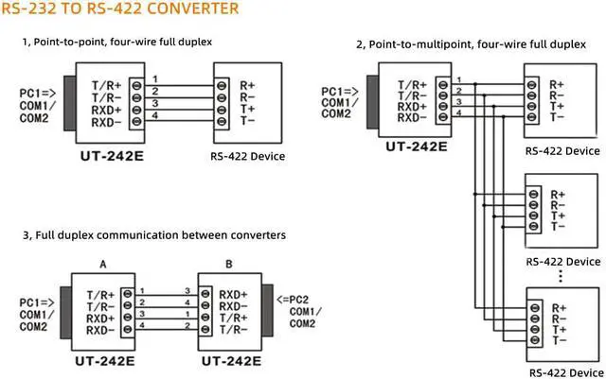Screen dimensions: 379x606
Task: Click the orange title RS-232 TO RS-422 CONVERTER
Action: (x=119, y=10)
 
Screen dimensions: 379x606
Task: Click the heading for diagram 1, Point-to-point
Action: (x=116, y=43)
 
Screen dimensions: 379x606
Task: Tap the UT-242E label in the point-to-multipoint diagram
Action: (x=417, y=146)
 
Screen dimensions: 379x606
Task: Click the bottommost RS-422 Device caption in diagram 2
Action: (x=562, y=372)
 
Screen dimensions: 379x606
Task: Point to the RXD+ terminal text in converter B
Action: (x=234, y=293)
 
